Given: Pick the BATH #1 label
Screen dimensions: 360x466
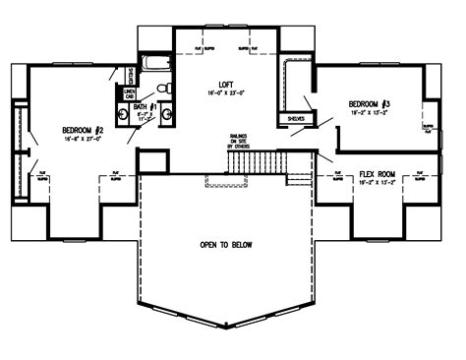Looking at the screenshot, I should [x=145, y=105].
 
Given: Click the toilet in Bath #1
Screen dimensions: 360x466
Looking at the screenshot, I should [x=167, y=90].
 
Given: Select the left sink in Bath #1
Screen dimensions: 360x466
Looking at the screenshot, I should [x=123, y=114].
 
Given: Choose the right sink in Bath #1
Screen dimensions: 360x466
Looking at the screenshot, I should [x=168, y=114].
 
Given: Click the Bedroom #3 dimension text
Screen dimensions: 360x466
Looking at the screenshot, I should [x=370, y=113].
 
